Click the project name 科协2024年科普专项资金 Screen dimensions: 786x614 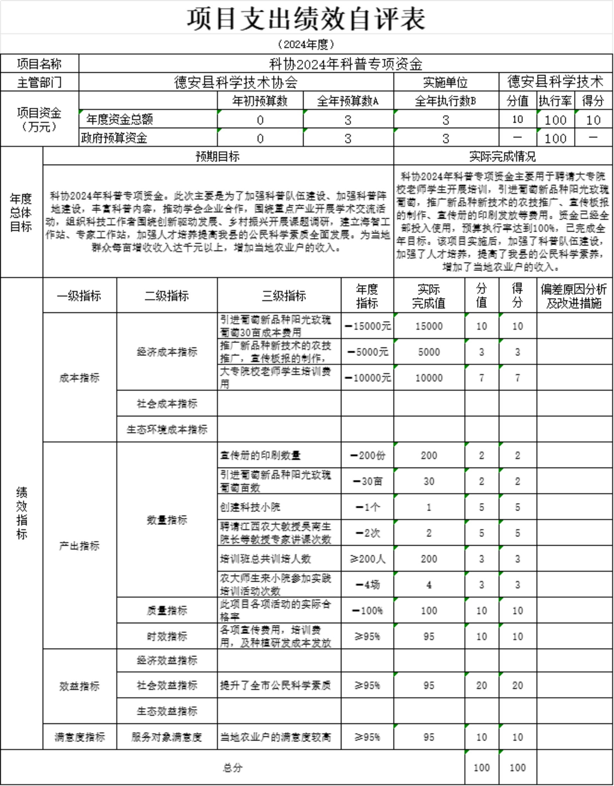click(x=345, y=64)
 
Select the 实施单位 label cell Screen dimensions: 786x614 click(x=445, y=82)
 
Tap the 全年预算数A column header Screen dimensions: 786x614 click(x=347, y=101)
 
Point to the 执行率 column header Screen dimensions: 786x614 click(x=555, y=101)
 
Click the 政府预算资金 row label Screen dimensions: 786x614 click(x=114, y=138)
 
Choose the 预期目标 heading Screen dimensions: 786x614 click(x=217, y=157)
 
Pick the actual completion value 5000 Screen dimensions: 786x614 click(x=429, y=352)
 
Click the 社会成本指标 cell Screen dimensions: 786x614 click(x=167, y=404)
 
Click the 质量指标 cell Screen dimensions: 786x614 click(x=167, y=610)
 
